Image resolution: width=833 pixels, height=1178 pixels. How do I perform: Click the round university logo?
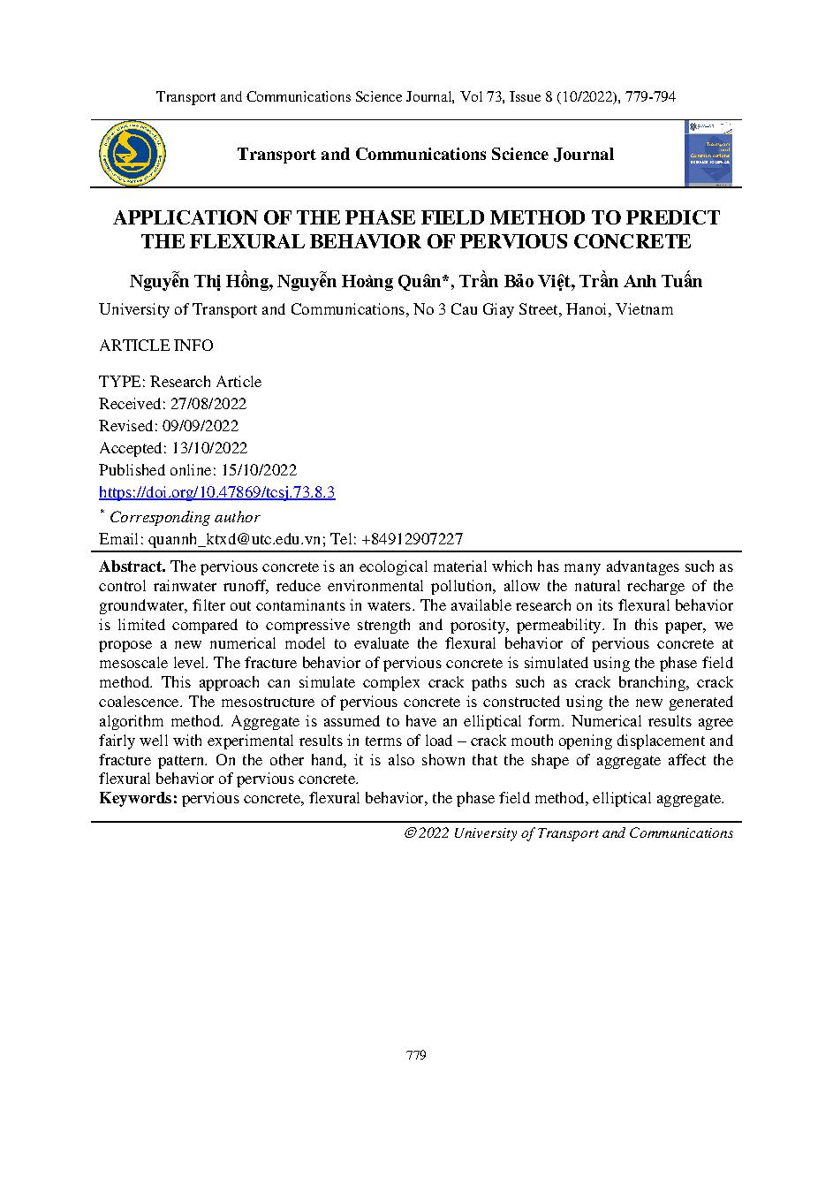tap(132, 154)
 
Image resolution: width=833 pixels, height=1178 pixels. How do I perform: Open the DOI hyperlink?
tap(216, 492)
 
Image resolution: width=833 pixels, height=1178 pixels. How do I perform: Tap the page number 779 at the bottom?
tap(416, 1055)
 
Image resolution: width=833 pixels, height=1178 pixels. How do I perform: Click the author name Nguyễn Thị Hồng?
tap(200, 282)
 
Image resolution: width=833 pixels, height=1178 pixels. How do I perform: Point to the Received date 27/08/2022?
tap(209, 404)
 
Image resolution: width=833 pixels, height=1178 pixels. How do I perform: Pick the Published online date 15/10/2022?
tap(256, 470)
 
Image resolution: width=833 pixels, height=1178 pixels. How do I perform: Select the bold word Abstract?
tap(132, 566)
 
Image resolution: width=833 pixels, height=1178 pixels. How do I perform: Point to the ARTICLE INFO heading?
tap(155, 346)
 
